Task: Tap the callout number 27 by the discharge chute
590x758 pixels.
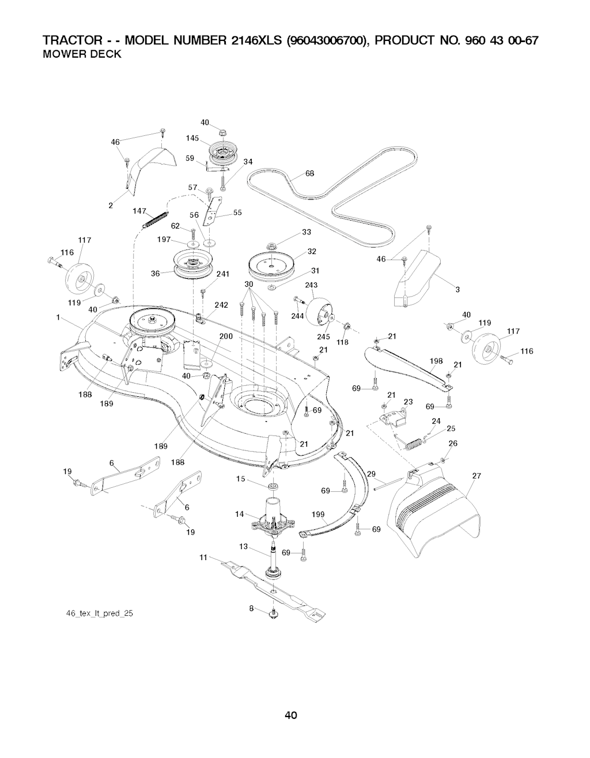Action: click(x=476, y=476)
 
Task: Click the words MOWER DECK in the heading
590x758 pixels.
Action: click(x=81, y=55)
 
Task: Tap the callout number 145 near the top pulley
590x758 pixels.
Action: click(x=192, y=138)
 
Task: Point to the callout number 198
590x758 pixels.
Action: click(x=436, y=361)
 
